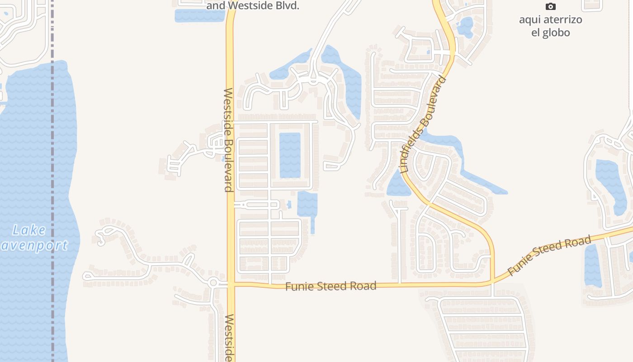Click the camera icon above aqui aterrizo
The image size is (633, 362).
[x=550, y=6]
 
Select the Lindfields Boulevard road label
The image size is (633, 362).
[x=423, y=125]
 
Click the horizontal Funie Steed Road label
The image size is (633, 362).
[x=331, y=286]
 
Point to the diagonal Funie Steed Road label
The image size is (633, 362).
[x=549, y=256]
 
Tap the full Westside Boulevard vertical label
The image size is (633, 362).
[x=229, y=140]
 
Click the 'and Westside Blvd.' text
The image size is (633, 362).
[x=253, y=6]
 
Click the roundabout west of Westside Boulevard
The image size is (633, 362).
[x=213, y=283]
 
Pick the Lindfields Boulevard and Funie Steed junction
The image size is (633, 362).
[x=492, y=281]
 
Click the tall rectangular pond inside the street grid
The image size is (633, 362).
[x=290, y=155]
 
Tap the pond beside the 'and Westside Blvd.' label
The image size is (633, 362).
[x=199, y=15]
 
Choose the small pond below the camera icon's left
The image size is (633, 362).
[x=465, y=27]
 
